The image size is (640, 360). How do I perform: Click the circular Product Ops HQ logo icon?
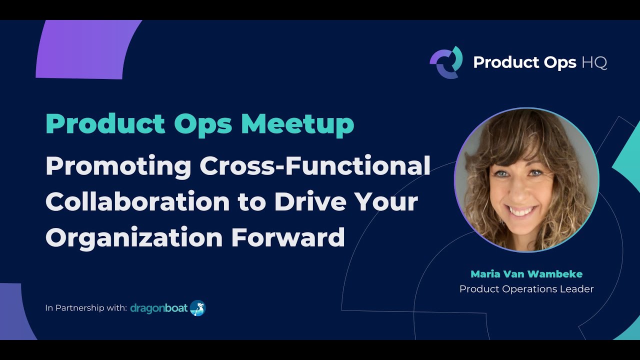(446, 62)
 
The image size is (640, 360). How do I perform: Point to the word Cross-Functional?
(315, 166)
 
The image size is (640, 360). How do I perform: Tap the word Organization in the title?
(134, 237)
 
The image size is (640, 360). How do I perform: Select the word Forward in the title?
(288, 237)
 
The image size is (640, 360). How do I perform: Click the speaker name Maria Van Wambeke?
(526, 274)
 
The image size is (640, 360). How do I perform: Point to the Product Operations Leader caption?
(526, 289)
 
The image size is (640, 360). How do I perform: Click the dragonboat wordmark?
(159, 308)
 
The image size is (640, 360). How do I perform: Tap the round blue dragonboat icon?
(198, 308)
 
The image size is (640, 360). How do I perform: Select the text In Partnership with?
(86, 308)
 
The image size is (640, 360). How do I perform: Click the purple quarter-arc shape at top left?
(85, 50)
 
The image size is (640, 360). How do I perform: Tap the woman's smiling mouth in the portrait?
(522, 211)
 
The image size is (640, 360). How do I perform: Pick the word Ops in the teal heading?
(203, 124)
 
